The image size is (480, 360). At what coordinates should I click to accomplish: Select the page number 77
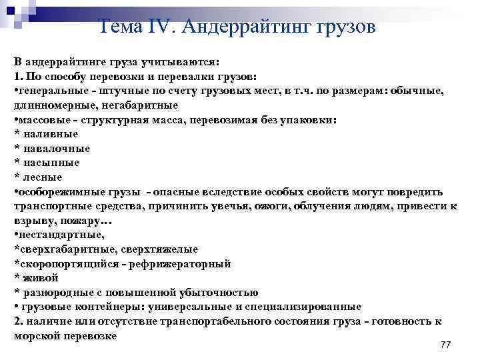[x=446, y=344]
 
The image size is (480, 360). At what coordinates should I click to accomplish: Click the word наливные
[x=51, y=134]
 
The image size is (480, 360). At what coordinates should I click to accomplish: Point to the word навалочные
[x=57, y=148]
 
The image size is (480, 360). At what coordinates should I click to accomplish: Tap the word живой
[x=39, y=278]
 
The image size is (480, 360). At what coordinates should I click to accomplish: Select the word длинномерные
[x=46, y=105]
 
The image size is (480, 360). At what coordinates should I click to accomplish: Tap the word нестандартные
[x=61, y=235]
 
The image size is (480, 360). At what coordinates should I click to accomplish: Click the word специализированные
[x=313, y=307]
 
